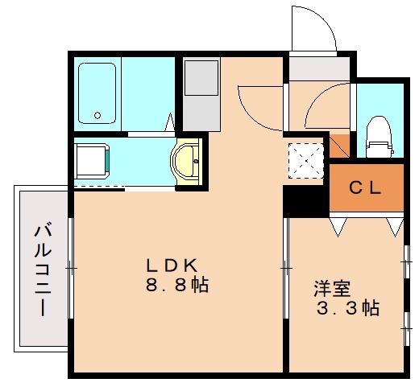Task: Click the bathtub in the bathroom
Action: tap(98, 92)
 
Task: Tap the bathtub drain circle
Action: tap(98, 115)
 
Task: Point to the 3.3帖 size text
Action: tap(346, 307)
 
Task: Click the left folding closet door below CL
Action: tap(339, 226)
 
